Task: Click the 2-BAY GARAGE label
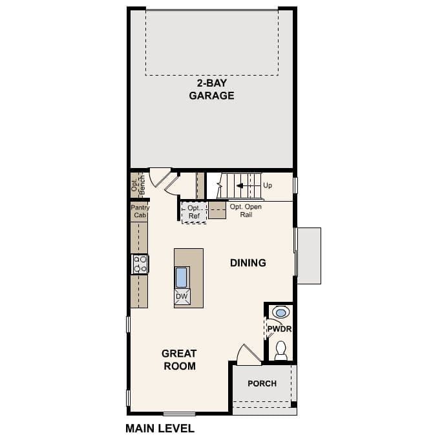211,89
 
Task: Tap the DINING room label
248,263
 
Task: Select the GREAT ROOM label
178,360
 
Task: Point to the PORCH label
262,384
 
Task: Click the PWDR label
279,330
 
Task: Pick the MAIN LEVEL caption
159,428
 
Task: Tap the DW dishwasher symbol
182,297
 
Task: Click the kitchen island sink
182,277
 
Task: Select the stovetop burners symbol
140,264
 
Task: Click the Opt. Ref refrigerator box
194,212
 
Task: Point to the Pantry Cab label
140,211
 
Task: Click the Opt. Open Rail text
245,211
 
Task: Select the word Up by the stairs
268,185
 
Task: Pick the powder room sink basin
281,313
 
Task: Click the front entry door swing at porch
248,355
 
